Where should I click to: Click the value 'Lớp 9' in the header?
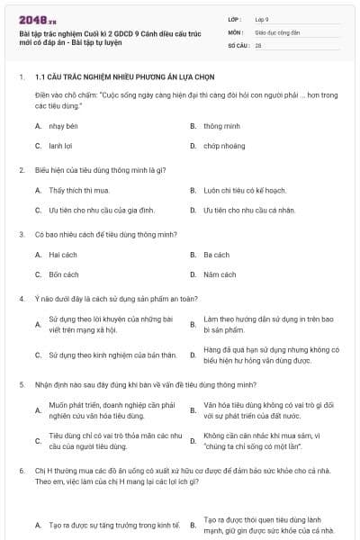click(262, 18)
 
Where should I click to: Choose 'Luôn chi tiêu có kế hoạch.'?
click(245, 190)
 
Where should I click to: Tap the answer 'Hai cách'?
click(64, 255)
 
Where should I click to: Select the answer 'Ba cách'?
click(217, 255)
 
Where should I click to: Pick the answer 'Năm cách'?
click(220, 274)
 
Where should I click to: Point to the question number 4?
click(21, 297)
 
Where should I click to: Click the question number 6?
click(21, 470)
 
